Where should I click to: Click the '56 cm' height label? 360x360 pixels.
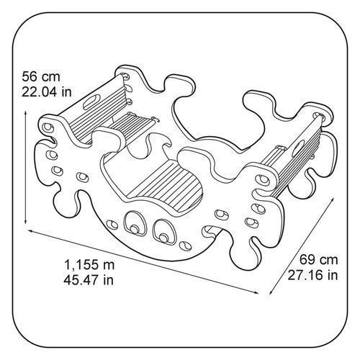coord(41,77)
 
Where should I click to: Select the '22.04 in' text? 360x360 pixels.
coord(47,91)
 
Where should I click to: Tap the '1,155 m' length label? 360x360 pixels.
coord(89,265)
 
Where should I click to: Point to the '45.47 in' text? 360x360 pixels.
coord(89,280)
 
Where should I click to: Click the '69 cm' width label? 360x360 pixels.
coord(319,260)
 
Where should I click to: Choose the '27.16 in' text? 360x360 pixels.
coord(312,275)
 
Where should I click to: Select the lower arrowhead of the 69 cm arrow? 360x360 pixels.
coord(271,292)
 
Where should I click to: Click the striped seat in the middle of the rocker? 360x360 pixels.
coord(168,184)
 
